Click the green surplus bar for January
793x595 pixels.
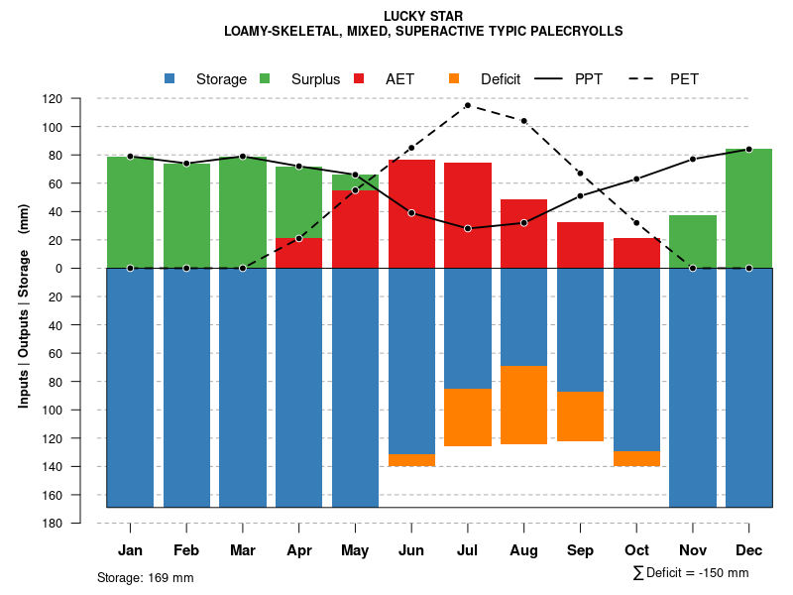tap(130, 212)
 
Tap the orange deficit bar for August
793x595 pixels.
tap(524, 405)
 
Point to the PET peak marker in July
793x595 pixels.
tap(468, 105)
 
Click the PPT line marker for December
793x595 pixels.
tap(749, 149)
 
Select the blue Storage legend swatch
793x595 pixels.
tap(170, 78)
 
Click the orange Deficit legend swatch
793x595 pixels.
tap(454, 78)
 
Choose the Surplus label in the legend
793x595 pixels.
tap(315, 79)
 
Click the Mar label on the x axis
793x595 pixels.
tap(243, 550)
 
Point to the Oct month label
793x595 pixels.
tap(637, 550)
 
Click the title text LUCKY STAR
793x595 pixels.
tap(423, 16)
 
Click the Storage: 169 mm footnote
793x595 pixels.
tap(146, 577)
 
